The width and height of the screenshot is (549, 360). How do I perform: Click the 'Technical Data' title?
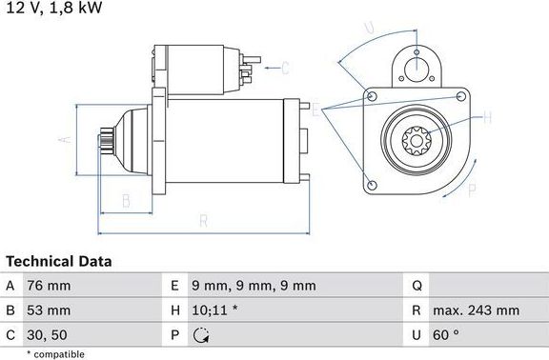(59, 261)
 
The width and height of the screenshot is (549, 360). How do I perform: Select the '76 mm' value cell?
(50, 286)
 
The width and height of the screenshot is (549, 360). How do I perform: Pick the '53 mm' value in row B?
(50, 310)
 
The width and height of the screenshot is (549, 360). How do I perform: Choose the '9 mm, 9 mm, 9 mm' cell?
(254, 286)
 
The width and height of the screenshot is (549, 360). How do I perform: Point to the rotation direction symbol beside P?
(200, 334)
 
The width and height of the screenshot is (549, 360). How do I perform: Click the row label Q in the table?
(417, 286)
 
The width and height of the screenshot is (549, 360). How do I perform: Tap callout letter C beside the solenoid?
(285, 67)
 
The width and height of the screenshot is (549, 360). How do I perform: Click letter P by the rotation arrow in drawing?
(471, 190)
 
